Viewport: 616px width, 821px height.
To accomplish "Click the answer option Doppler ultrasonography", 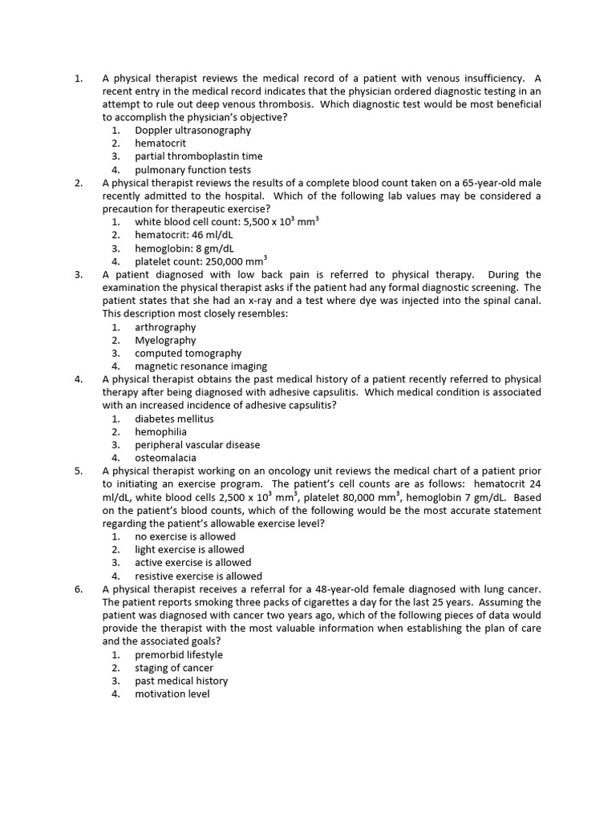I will point(192,130).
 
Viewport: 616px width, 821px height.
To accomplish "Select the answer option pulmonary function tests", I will point(192,170).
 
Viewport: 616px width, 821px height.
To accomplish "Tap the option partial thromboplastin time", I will point(198,156).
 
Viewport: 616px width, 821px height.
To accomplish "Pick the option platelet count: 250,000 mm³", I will point(201,261).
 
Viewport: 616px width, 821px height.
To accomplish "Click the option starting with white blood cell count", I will point(226,222).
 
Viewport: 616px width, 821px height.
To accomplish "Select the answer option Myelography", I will point(165,340).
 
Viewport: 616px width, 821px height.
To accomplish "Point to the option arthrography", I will point(165,327).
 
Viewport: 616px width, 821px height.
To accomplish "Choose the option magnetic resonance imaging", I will point(201,366).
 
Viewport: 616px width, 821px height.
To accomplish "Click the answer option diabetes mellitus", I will point(174,419).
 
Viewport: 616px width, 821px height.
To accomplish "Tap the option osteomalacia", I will point(165,458).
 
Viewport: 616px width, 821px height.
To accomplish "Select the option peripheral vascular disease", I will point(197,445).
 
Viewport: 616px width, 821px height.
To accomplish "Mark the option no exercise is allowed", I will point(185,536).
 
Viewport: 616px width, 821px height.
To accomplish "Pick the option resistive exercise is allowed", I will point(198,576).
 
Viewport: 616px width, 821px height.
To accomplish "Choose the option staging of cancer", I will point(174,668).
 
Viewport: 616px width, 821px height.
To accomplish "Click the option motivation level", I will point(172,694).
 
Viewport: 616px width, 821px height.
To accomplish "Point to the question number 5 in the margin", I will point(79,471).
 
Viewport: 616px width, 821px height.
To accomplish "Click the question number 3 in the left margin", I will point(79,274).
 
